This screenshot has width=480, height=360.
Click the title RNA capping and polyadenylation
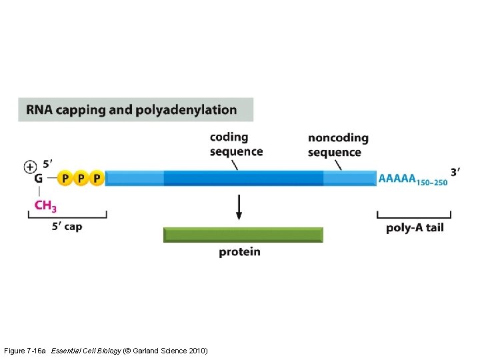click(x=136, y=110)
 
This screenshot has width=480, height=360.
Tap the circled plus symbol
click(x=30, y=167)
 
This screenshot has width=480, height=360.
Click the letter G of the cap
click(x=39, y=179)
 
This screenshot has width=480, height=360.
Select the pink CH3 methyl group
click(x=45, y=205)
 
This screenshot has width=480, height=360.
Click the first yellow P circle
click(x=65, y=178)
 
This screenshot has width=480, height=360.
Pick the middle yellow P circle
click(x=81, y=178)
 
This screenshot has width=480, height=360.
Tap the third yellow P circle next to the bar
click(x=97, y=178)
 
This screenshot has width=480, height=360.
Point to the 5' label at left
click(x=48, y=163)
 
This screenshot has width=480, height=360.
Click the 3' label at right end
click(x=455, y=172)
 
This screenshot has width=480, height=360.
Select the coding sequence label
click(x=236, y=144)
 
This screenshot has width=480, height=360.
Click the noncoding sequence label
click(x=337, y=145)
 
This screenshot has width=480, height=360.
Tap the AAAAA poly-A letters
click(x=397, y=178)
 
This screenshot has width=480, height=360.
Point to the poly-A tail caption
click(x=414, y=228)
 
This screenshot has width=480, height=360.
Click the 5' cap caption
click(x=67, y=227)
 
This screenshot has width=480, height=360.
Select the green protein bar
click(x=243, y=235)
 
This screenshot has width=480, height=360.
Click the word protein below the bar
click(x=239, y=252)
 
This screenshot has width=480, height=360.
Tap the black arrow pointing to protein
click(x=239, y=207)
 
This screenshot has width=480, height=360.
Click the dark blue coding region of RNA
click(x=243, y=178)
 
